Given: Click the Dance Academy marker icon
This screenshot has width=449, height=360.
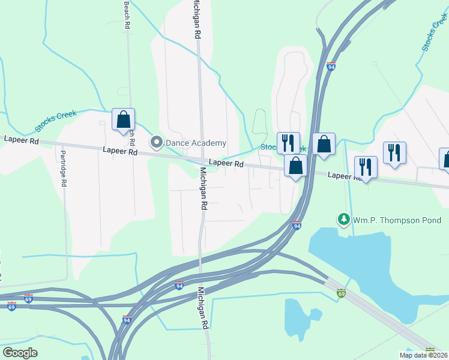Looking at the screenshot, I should (x=157, y=142).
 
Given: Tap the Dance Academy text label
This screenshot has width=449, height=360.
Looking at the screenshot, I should (x=196, y=143).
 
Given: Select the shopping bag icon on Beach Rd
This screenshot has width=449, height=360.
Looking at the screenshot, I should (x=123, y=119).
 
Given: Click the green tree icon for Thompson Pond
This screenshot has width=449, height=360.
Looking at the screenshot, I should (x=344, y=220).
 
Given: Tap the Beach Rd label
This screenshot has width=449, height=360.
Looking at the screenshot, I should (x=127, y=14).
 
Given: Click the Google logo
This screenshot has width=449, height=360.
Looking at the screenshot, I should (x=20, y=353).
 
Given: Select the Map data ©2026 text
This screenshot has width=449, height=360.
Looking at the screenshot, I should (x=423, y=355).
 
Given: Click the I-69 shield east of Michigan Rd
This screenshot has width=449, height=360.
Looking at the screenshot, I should (x=341, y=293).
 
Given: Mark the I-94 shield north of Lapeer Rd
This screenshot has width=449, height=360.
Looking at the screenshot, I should (x=331, y=66).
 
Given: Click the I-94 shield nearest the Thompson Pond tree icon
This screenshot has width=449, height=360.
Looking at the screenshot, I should (x=297, y=226).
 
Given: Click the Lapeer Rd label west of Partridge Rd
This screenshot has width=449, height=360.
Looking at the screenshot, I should (x=21, y=140).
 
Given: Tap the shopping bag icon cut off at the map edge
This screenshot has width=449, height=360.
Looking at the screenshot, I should (x=445, y=158).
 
